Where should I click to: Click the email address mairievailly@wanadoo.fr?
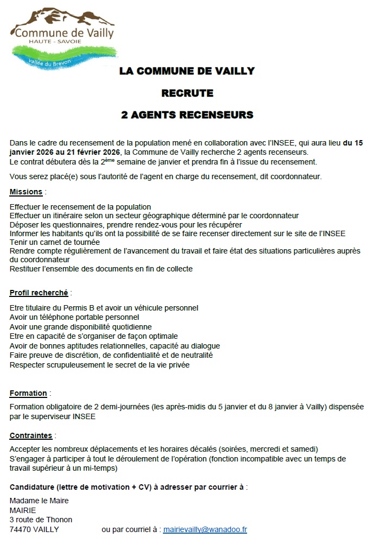205,529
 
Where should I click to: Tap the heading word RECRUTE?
187,93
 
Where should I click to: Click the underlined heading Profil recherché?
39,293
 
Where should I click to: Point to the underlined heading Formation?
28,393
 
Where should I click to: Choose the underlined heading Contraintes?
31,435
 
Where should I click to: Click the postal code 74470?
20,529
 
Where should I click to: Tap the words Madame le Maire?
39,501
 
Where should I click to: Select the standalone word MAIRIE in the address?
23,510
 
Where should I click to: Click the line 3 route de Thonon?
41,520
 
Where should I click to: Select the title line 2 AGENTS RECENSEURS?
187,115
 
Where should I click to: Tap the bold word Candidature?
31,487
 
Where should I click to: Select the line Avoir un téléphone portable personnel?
74,317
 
